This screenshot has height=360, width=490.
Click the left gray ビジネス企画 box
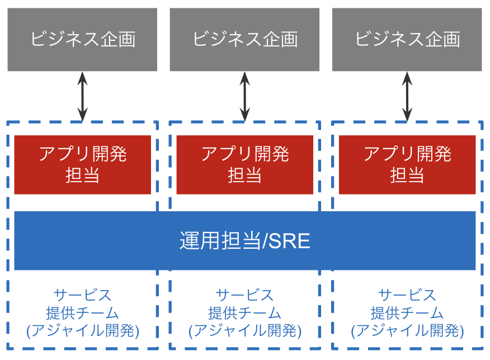point(82,39)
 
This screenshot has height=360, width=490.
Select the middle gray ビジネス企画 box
point(244,39)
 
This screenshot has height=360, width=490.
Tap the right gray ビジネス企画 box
point(407,39)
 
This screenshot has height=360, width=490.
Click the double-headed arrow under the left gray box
point(83,96)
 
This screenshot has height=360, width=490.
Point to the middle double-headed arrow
point(245,96)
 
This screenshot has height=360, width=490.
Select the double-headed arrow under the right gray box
point(407,96)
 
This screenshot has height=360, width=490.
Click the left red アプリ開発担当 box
point(82,164)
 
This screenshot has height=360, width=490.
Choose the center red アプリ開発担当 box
point(244,164)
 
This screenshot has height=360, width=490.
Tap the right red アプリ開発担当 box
point(407,164)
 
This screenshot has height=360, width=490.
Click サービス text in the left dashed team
point(82,295)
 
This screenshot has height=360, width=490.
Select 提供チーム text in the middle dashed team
point(244,312)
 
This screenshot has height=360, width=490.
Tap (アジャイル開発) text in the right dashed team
point(407,330)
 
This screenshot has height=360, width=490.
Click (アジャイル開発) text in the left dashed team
point(83,330)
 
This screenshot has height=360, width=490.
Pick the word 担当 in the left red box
point(82,175)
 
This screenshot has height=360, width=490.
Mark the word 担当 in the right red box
point(407,175)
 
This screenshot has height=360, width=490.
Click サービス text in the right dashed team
point(407,295)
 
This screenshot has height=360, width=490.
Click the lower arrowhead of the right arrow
point(407,116)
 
